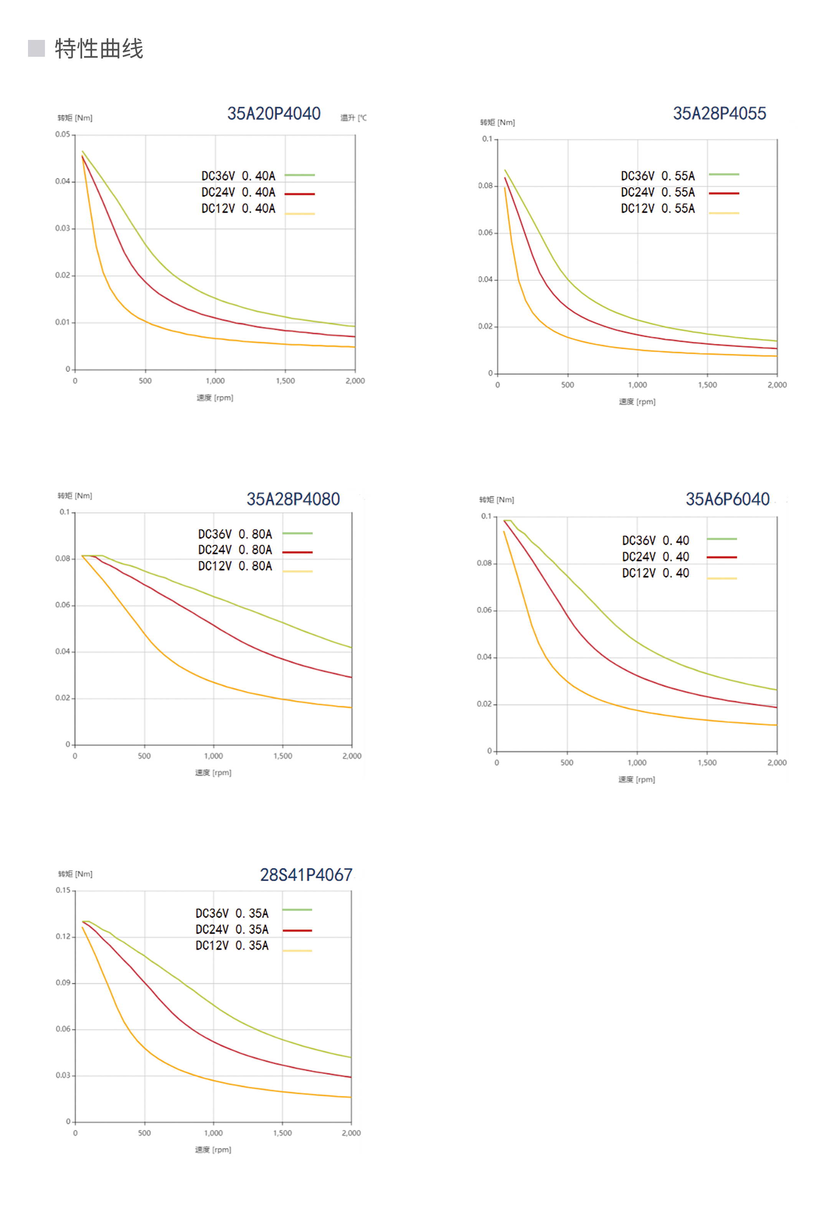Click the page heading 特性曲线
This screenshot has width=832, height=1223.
pos(99,49)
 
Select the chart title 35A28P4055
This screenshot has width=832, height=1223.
pos(719,114)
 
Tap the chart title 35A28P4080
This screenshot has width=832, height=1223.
pos(293,499)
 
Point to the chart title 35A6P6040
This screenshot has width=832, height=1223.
pos(727,499)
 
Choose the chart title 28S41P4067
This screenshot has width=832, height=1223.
pos(306,875)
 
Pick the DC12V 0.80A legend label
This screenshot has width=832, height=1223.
pos(235,566)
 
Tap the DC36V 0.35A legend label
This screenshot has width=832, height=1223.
pos(232,913)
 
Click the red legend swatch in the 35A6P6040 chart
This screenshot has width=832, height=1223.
pos(721,557)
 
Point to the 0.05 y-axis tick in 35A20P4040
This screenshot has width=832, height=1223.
pos(62,135)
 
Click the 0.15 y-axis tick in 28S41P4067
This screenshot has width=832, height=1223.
pos(63,890)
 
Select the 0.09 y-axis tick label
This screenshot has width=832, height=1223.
pos(63,982)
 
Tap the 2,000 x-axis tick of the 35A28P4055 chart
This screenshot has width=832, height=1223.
pos(777,385)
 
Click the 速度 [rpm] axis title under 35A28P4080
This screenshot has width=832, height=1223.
pos(213,773)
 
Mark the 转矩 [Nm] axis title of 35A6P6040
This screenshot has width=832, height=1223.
pos(496,499)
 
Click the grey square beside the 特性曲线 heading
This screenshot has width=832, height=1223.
pos(36,48)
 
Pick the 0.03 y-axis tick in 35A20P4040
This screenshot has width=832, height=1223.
pos(62,228)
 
